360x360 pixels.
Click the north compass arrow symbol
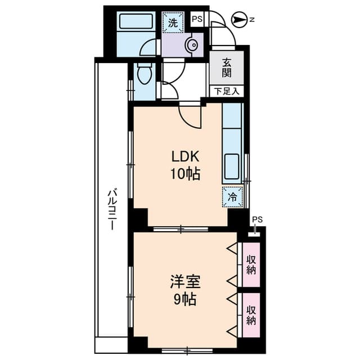238,20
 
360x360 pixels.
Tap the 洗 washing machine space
173,22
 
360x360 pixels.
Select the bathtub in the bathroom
136,21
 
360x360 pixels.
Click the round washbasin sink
192,45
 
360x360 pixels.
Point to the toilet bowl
145,73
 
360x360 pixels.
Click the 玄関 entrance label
226,68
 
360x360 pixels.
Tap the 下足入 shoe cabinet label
227,91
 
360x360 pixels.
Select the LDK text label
185,157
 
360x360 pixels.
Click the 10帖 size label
185,174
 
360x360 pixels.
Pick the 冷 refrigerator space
232,197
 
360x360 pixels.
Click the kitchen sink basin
232,166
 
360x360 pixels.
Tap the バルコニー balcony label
112,209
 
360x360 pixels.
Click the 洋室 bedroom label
185,282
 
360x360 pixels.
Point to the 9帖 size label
185,299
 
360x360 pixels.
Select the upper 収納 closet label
251,265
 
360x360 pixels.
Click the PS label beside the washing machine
197,19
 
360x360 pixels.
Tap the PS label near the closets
258,219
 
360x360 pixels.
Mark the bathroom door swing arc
146,45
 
